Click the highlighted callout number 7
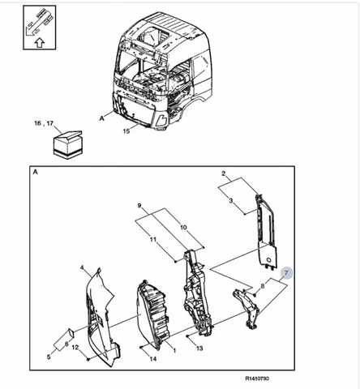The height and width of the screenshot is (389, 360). (286, 273)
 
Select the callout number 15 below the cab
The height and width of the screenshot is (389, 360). (126, 131)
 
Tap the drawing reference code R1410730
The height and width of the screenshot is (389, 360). (257, 378)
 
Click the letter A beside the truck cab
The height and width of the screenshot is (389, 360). (101, 118)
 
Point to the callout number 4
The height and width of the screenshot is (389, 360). (83, 267)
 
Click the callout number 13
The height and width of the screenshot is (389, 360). (199, 348)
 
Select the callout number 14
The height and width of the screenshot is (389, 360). (152, 359)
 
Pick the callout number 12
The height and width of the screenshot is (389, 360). (75, 347)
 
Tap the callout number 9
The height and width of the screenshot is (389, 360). (139, 206)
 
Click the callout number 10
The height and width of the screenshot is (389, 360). (183, 227)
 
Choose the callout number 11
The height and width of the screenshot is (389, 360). (153, 239)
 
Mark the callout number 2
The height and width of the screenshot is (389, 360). (223, 173)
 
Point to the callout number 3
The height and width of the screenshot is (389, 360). (230, 200)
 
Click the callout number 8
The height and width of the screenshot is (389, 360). (262, 286)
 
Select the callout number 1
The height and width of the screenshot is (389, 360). (174, 351)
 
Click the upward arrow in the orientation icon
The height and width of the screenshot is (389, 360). (40, 43)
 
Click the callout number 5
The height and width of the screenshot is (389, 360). (49, 357)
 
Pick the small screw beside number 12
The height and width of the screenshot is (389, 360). (88, 359)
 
